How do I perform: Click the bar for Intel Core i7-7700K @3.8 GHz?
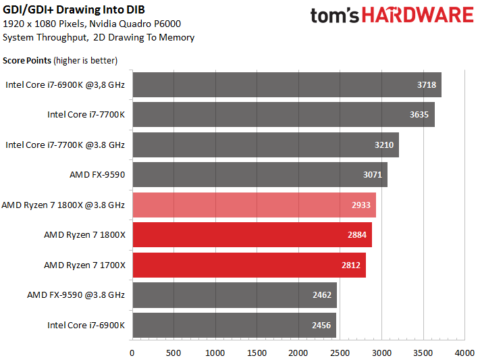(265, 145)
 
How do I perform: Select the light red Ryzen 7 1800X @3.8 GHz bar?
(254, 205)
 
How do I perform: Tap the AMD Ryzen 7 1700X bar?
(249, 265)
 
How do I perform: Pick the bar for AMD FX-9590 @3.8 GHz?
(234, 295)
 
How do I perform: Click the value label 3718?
(427, 85)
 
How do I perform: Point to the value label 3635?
(419, 115)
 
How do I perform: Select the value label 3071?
(373, 175)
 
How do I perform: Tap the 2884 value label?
(357, 235)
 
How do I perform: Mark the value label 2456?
(321, 326)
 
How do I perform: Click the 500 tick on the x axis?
(174, 353)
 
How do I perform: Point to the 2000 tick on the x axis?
(298, 353)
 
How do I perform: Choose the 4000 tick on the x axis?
(465, 353)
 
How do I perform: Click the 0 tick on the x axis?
(132, 353)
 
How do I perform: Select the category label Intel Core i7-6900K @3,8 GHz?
(65, 85)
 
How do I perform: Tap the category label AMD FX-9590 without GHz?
(97, 175)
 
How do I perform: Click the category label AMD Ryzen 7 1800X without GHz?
(84, 235)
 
